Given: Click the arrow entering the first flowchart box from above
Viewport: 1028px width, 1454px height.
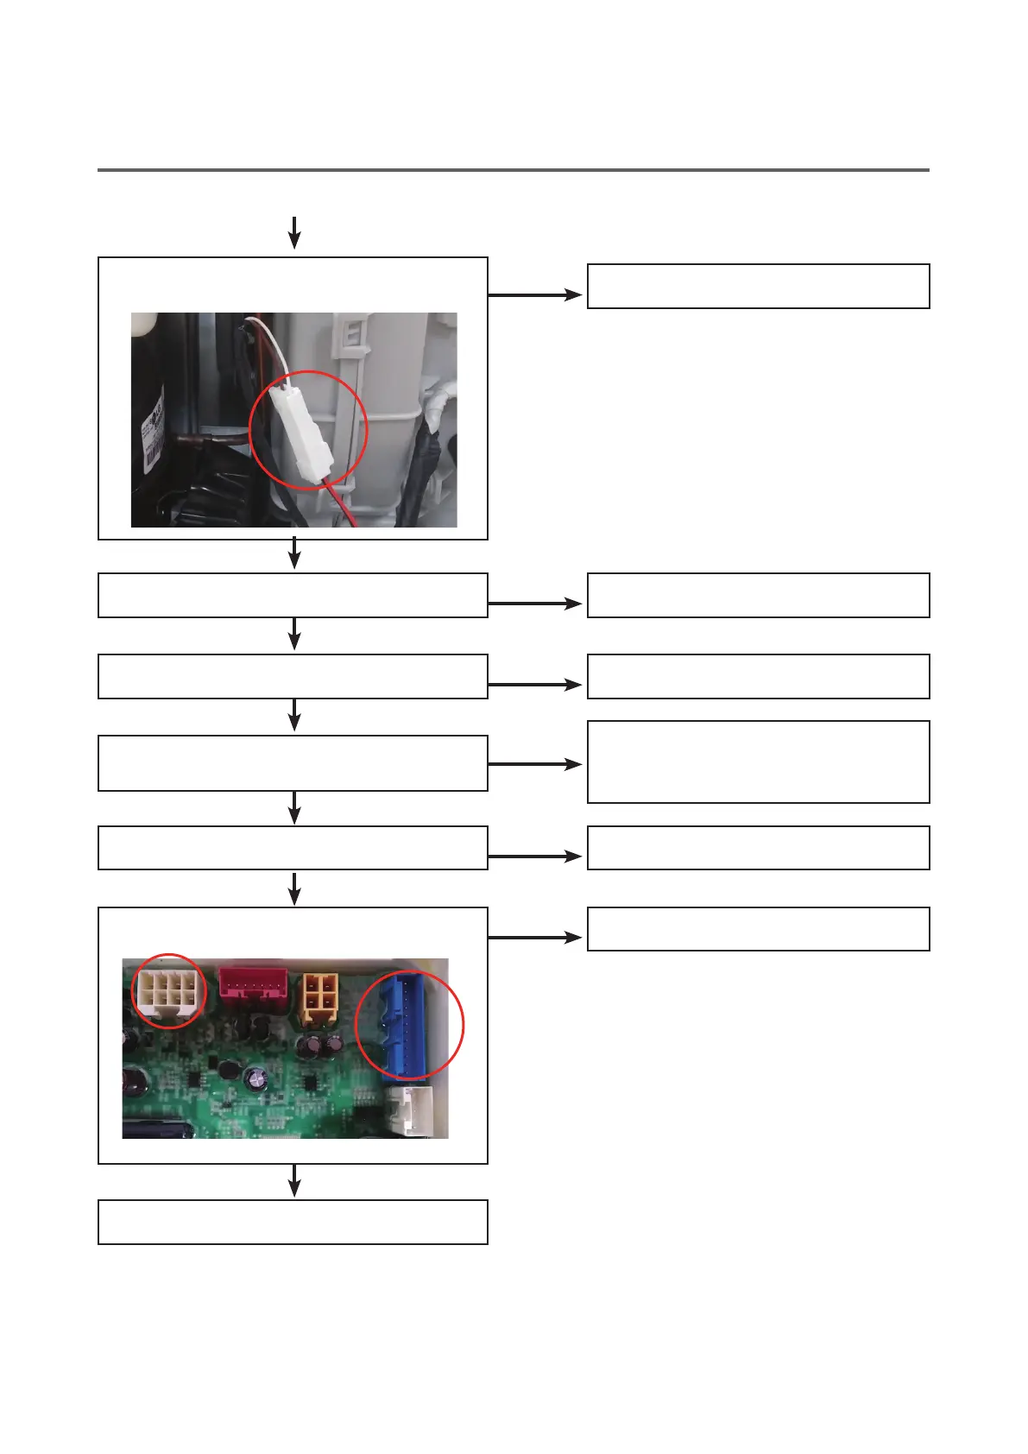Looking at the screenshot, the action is click(x=294, y=232).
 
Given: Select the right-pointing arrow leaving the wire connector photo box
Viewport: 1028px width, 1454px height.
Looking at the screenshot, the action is click(x=535, y=294).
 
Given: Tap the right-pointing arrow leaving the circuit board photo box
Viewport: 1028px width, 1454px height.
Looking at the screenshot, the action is click(x=535, y=937).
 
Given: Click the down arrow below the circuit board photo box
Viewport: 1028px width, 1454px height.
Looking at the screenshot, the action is click(x=294, y=1180).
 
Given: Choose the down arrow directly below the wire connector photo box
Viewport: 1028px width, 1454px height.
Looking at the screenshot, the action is click(x=294, y=553).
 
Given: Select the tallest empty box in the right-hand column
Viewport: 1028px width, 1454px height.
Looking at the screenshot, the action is click(x=758, y=762).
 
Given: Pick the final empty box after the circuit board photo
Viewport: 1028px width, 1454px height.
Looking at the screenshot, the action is click(x=293, y=1221).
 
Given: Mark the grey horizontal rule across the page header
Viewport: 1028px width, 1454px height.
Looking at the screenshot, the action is click(x=513, y=170).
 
